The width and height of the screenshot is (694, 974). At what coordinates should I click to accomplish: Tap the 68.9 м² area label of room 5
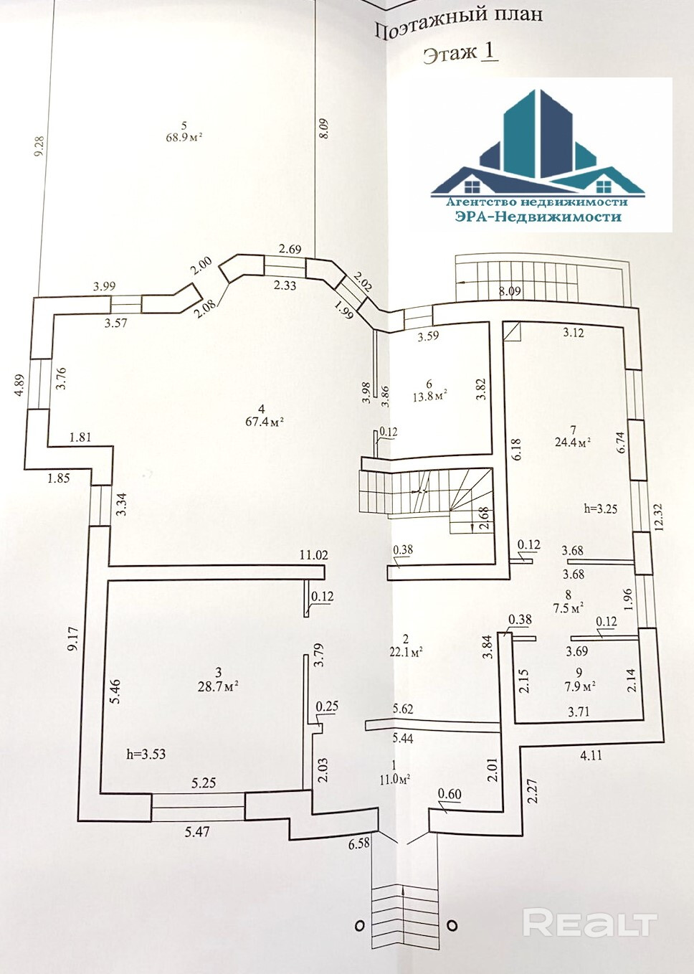click(184, 137)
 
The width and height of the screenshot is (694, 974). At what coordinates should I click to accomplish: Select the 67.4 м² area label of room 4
click(265, 422)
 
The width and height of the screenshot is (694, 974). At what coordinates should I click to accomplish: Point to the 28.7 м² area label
click(218, 686)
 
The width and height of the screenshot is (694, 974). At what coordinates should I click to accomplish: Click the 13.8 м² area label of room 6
click(429, 396)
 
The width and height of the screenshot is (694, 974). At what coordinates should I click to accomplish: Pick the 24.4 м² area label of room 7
click(572, 442)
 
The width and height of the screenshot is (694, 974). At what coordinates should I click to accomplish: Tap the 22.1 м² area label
click(406, 651)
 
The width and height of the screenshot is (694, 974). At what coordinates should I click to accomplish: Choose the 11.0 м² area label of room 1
click(394, 779)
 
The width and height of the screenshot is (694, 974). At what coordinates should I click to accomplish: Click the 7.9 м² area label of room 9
click(579, 686)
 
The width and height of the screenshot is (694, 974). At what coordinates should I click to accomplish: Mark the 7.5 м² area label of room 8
click(569, 608)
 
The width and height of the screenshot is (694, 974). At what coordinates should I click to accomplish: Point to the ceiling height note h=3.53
click(146, 754)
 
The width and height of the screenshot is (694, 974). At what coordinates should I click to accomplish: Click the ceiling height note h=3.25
click(600, 509)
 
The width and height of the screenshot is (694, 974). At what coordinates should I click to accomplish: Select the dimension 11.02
click(313, 554)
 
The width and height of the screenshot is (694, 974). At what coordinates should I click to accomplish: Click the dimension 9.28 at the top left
click(39, 146)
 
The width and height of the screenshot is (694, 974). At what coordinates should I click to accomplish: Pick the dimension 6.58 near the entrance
click(359, 843)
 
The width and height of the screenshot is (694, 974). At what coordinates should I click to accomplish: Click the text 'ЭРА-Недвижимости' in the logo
click(538, 217)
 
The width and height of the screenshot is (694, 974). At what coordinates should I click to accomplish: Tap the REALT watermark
click(589, 923)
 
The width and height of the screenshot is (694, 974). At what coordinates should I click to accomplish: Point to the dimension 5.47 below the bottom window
click(197, 832)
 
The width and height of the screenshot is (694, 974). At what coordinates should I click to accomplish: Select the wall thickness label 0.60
click(450, 794)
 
